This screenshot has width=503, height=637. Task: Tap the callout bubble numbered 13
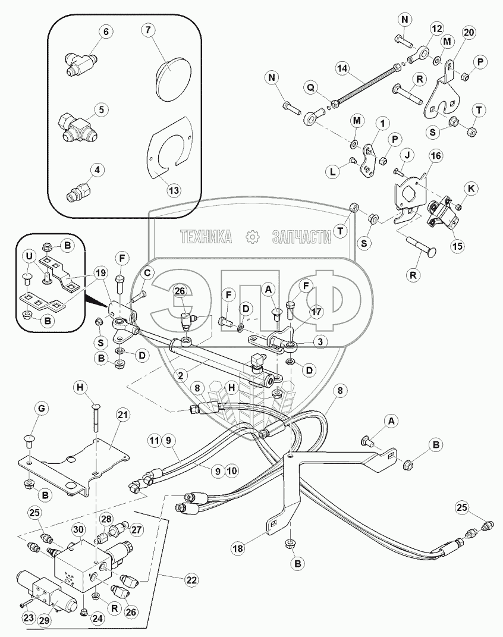[173, 191]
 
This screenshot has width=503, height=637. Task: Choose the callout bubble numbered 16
[436, 155]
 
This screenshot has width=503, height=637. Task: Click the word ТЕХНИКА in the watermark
[206, 237]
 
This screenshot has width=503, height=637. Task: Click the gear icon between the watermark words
[253, 237]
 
